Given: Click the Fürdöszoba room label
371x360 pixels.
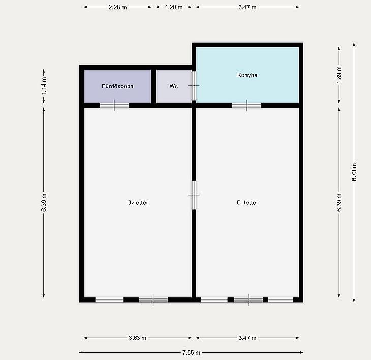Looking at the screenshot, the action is click(x=117, y=86).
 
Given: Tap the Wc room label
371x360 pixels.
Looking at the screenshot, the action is click(x=174, y=86).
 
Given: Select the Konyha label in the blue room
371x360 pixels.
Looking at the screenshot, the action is click(x=248, y=75).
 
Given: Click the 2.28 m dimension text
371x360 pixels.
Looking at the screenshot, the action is click(x=117, y=7).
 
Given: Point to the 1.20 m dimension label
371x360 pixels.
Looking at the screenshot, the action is click(x=174, y=7).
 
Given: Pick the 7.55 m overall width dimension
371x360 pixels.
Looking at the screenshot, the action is click(x=191, y=353).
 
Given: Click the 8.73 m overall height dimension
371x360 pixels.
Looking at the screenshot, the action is click(x=354, y=172).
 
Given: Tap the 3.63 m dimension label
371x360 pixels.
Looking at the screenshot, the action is click(x=137, y=338).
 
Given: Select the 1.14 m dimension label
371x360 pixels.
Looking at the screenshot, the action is click(x=44, y=86).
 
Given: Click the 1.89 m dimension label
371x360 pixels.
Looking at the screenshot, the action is click(x=339, y=75).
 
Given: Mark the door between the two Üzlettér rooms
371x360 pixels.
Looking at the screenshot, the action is click(x=194, y=195).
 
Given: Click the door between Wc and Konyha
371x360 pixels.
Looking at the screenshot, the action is click(x=194, y=86).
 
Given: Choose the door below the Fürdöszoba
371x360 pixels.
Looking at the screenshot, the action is click(x=114, y=105).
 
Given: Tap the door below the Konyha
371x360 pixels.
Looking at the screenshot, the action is click(x=246, y=105).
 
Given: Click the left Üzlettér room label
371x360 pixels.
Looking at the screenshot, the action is click(x=138, y=202).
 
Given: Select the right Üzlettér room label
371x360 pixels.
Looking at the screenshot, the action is click(x=248, y=202).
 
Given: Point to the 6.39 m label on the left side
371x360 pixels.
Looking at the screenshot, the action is click(x=44, y=202).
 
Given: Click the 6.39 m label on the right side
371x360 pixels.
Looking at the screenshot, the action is click(x=339, y=202).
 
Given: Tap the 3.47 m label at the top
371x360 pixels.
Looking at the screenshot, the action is click(x=248, y=7).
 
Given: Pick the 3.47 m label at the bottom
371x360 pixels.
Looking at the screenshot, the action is click(x=248, y=338).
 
